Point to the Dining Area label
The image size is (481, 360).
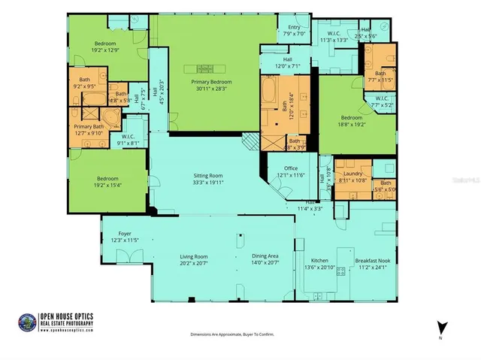(265, 256)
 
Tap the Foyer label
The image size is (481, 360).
(125, 234)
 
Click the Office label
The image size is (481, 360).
(292, 168)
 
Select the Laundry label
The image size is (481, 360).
(352, 174)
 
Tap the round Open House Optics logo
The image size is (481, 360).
(27, 322)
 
